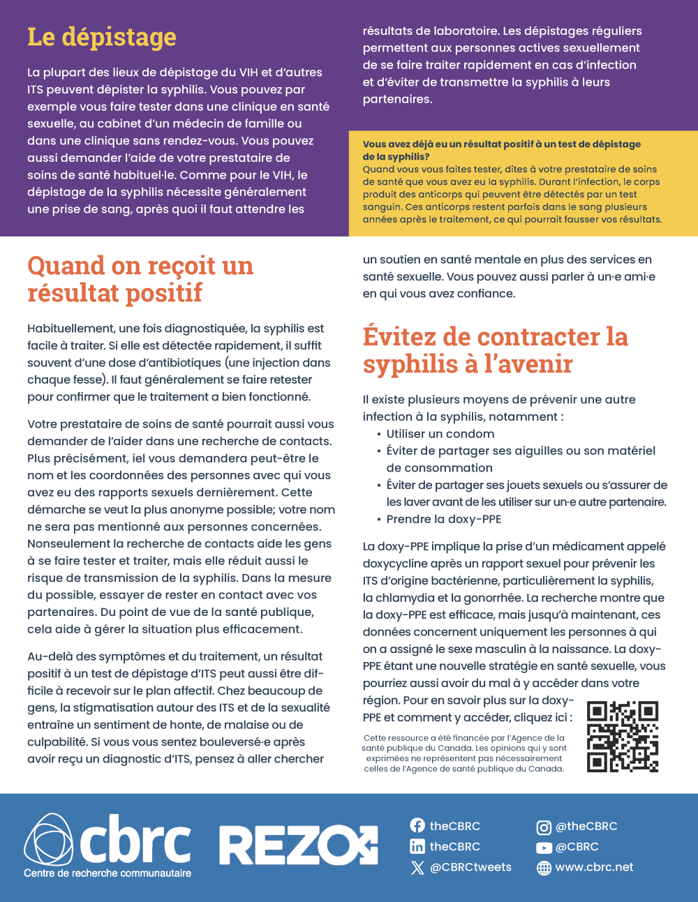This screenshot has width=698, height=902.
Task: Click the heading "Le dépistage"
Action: pyautogui.click(x=102, y=37)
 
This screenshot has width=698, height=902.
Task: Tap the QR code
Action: pyautogui.click(x=623, y=737)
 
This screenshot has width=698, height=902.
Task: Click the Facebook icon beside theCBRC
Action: pyautogui.click(x=417, y=826)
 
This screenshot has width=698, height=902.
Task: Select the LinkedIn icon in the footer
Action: pyautogui.click(x=417, y=847)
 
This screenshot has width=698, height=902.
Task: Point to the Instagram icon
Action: pyautogui.click(x=544, y=827)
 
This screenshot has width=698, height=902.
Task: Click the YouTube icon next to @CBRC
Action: pyautogui.click(x=544, y=848)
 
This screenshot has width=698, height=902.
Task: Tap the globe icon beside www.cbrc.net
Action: pyautogui.click(x=544, y=868)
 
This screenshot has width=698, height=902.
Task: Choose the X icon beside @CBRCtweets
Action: pyautogui.click(x=417, y=868)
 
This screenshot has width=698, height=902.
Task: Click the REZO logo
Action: pyautogui.click(x=299, y=845)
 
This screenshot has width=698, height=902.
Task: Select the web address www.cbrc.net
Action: pyautogui.click(x=594, y=867)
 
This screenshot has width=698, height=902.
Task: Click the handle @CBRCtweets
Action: pyautogui.click(x=470, y=867)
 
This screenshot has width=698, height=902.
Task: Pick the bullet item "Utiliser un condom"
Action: pyautogui.click(x=440, y=434)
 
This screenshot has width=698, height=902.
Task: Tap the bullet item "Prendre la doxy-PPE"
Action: pyautogui.click(x=444, y=519)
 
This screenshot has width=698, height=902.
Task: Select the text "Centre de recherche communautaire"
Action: pyautogui.click(x=107, y=873)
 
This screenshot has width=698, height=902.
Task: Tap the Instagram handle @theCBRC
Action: pyautogui.click(x=586, y=827)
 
